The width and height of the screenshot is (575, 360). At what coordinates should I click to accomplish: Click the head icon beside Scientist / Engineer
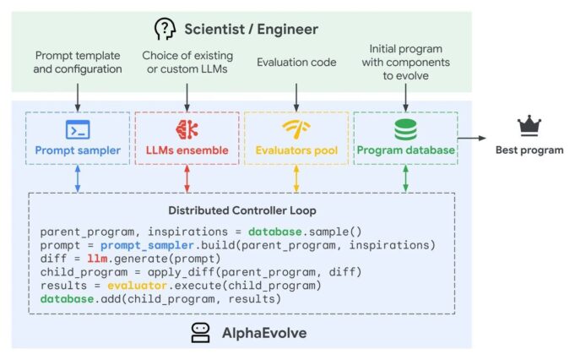(x=165, y=29)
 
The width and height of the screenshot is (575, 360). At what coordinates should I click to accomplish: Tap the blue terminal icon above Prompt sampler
(x=78, y=129)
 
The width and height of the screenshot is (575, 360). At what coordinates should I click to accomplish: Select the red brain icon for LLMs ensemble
(x=187, y=129)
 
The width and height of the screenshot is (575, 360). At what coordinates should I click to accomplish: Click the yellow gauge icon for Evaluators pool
(x=296, y=129)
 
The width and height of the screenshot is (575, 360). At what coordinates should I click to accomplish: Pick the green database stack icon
(x=405, y=129)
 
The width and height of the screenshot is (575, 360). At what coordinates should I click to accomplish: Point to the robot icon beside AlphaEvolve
(x=200, y=332)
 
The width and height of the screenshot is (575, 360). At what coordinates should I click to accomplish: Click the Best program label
(x=529, y=150)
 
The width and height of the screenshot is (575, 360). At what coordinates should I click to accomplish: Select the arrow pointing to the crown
(x=481, y=136)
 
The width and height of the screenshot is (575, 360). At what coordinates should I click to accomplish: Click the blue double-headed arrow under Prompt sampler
(x=78, y=178)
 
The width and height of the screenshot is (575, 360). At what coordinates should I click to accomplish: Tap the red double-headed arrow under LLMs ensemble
(x=187, y=178)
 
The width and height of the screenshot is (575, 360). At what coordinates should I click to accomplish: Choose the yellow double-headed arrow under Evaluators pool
(x=296, y=178)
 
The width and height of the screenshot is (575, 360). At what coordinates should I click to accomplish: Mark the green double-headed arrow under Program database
(x=405, y=178)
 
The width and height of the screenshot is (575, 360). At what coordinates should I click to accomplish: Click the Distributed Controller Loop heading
(x=241, y=210)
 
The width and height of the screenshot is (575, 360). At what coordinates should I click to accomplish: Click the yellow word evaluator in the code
(x=131, y=286)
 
